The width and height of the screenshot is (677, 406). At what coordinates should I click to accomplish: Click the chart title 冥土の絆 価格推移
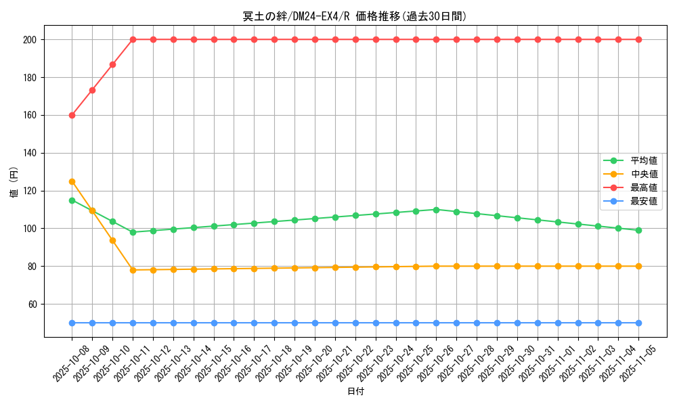click(355, 16)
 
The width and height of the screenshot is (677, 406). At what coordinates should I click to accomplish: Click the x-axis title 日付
click(355, 392)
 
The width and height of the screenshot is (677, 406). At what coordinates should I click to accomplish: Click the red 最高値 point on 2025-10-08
click(72, 115)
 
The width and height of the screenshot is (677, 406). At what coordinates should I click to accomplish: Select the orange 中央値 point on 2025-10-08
click(72, 181)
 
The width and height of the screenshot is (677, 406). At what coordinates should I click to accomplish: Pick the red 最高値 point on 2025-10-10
click(112, 64)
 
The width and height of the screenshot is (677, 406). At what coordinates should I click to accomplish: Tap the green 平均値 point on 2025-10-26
click(436, 210)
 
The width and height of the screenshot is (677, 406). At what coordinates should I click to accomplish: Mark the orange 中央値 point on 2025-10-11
click(133, 270)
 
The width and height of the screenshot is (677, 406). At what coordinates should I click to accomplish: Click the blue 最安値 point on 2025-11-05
click(638, 323)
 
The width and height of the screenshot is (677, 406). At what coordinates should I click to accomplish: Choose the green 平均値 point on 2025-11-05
click(638, 230)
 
